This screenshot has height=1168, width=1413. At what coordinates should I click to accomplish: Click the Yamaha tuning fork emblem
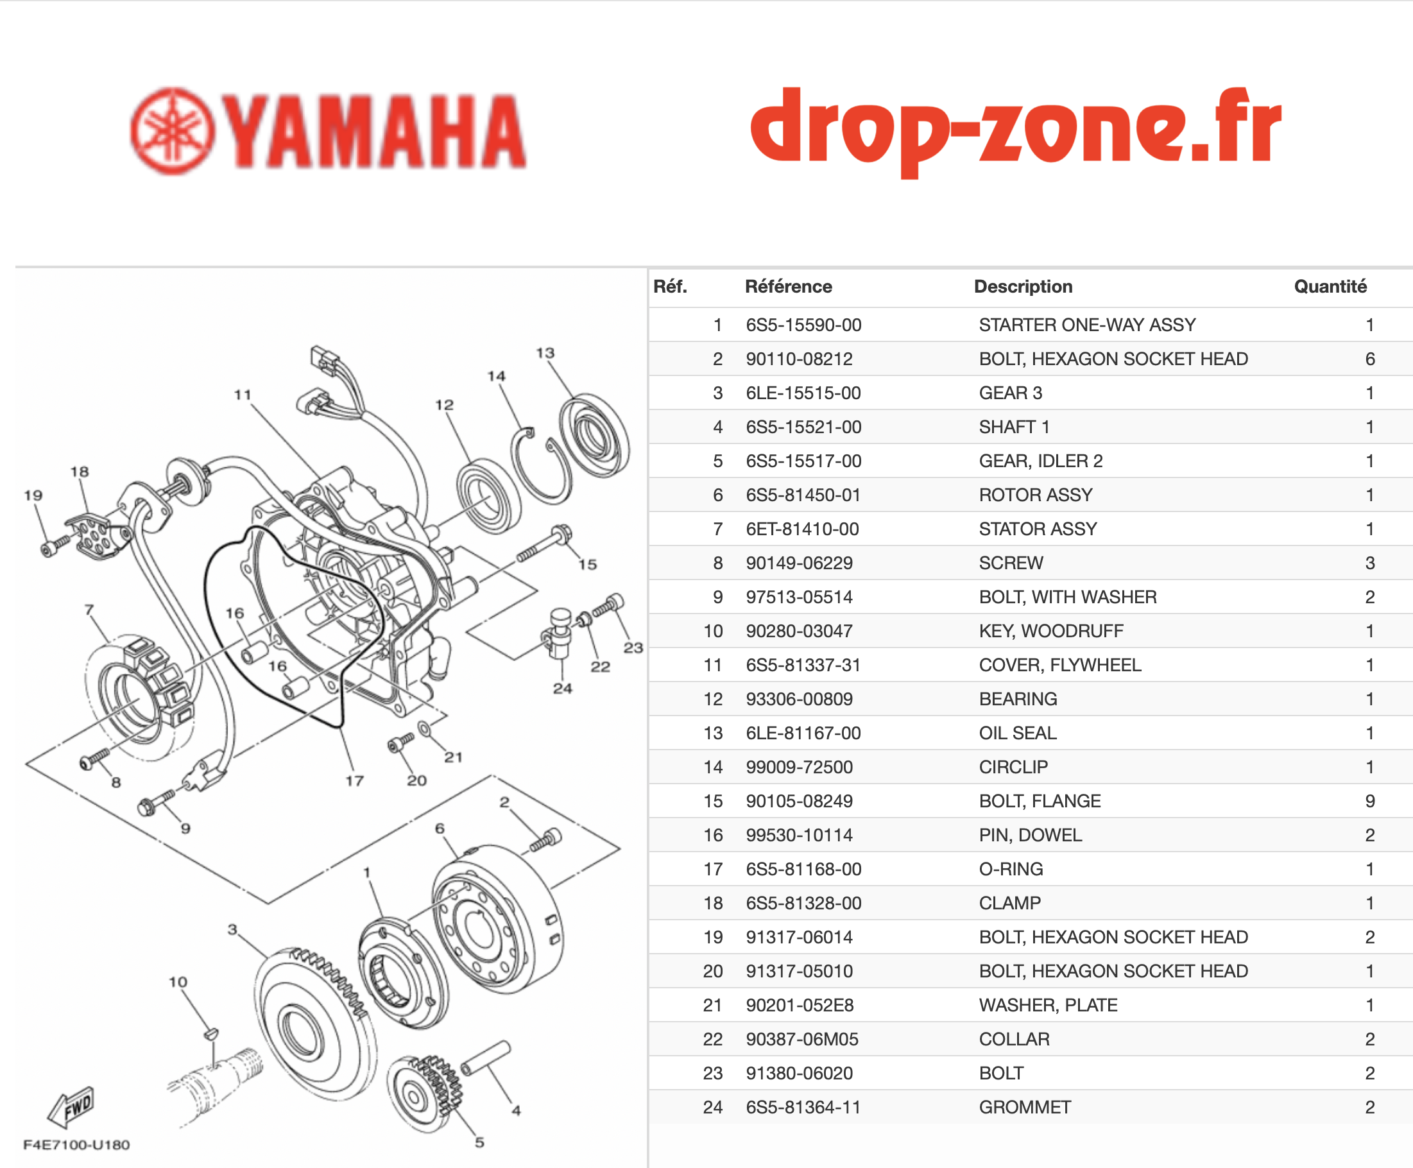tap(173, 131)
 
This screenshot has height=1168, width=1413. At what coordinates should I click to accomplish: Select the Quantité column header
tap(1330, 287)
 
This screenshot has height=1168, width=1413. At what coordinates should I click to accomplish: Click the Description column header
tap(1023, 287)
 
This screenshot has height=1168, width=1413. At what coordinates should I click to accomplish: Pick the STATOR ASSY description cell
tap(1038, 529)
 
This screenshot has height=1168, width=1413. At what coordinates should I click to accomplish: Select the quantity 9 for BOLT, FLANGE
tap(1370, 802)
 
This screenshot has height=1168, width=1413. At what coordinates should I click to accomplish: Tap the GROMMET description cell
tap(1025, 1108)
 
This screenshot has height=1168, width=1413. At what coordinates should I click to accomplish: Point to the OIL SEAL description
tap(1017, 734)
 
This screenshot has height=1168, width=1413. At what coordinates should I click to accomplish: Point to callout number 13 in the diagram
tap(545, 352)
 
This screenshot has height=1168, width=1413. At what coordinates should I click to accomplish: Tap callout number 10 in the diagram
tap(178, 982)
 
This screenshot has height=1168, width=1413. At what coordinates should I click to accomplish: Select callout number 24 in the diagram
tap(563, 688)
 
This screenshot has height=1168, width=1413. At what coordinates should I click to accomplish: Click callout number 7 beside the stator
tap(89, 610)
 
